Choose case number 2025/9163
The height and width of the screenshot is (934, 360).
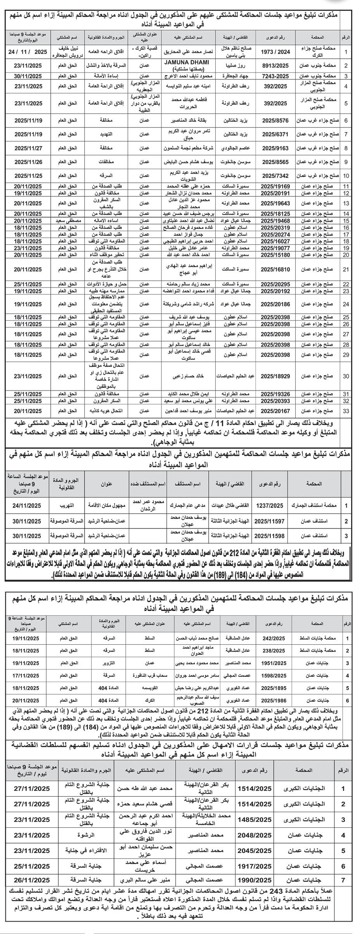pos(276,148)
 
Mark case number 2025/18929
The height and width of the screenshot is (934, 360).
pos(275,376)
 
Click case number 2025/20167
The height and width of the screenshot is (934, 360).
pos(275,410)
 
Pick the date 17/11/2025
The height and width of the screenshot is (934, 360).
pos(26,675)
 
